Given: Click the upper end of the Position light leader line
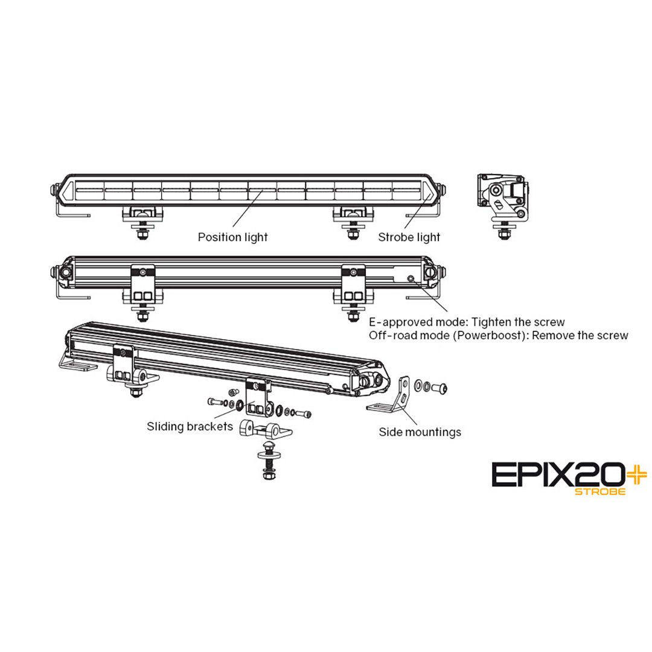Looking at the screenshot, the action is [x=263, y=190].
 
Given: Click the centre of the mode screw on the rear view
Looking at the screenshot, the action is [x=411, y=278].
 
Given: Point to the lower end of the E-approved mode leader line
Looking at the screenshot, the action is [x=447, y=312].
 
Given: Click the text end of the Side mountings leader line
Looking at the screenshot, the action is [x=417, y=424].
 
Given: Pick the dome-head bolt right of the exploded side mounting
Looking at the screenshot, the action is [x=439, y=388].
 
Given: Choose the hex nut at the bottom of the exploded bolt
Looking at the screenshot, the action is [x=268, y=473].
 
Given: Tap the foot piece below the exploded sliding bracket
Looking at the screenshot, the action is [x=266, y=430].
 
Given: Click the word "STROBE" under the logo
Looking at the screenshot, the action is [x=599, y=491].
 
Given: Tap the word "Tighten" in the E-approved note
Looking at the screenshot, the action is [x=491, y=322].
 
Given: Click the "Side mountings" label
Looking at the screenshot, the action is [x=420, y=432].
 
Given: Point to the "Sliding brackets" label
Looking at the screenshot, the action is [x=190, y=426].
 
